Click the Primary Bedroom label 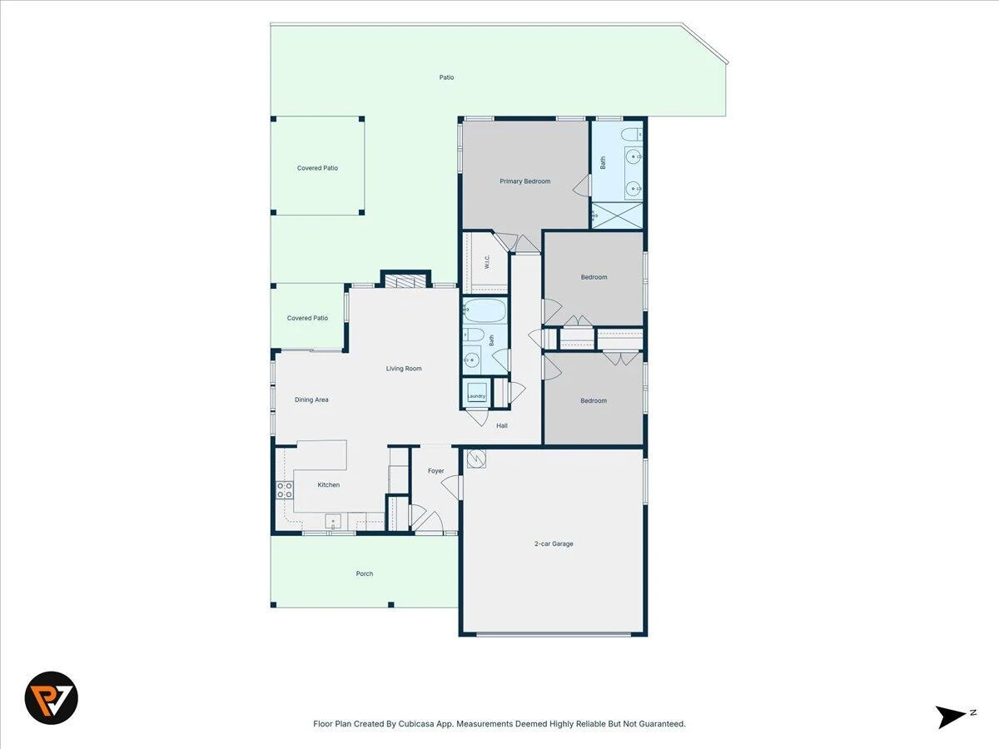[x=524, y=181]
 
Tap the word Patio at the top [x=446, y=77]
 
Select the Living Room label [x=404, y=369]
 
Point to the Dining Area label [x=311, y=399]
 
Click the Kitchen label [x=329, y=485]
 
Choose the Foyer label [x=435, y=471]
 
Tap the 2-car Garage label [x=554, y=543]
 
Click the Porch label [x=364, y=573]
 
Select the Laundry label [x=476, y=396]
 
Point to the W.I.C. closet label [x=487, y=261]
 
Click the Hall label [x=501, y=425]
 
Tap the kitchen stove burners [x=285, y=490]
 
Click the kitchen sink [x=333, y=521]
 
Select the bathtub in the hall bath [x=485, y=310]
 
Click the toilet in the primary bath [x=632, y=135]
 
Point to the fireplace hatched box [x=405, y=280]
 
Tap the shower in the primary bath [x=617, y=216]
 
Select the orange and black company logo [x=52, y=697]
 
